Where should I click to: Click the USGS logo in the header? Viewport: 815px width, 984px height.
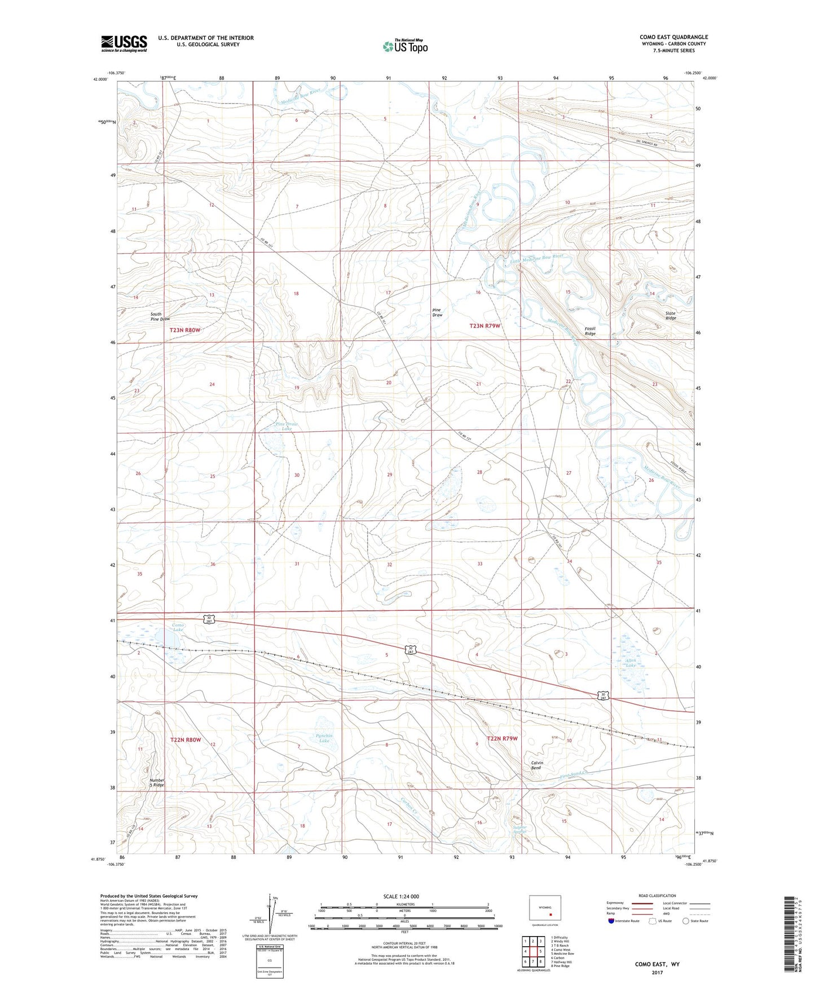click(x=124, y=43)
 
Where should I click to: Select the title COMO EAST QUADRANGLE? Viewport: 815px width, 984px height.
click(x=673, y=37)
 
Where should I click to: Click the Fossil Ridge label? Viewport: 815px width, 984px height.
click(x=589, y=331)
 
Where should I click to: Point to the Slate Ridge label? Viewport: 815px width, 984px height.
click(x=670, y=315)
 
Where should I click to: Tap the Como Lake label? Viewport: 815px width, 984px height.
click(x=178, y=627)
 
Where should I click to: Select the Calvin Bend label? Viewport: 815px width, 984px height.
click(x=536, y=765)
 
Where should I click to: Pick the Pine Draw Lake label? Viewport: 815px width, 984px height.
click(x=286, y=426)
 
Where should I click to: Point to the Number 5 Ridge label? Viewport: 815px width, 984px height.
click(x=157, y=782)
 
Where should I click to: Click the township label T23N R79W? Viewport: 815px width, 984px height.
click(x=485, y=326)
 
